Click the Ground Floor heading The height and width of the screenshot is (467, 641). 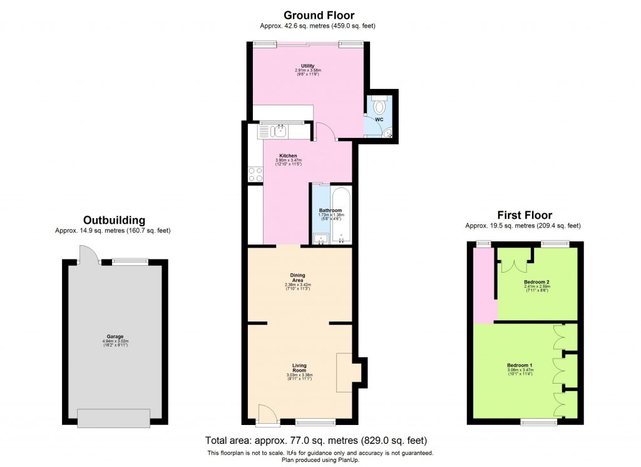tap(319, 16)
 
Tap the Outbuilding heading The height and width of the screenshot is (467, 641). tap(114, 221)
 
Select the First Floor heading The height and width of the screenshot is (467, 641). tap(524, 215)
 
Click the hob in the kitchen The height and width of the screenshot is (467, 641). tap(255, 173)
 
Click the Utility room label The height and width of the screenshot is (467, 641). tap(307, 66)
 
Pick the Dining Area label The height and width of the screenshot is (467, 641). tap(298, 276)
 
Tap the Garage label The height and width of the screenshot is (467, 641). tap(115, 336)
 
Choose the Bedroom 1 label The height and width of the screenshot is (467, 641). tap(520, 365)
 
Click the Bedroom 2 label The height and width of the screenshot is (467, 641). tap(536, 282)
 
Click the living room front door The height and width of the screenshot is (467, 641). tap(265, 414)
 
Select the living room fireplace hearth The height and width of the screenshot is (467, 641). tap(345, 372)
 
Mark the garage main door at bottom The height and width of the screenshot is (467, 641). tap(113, 417)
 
